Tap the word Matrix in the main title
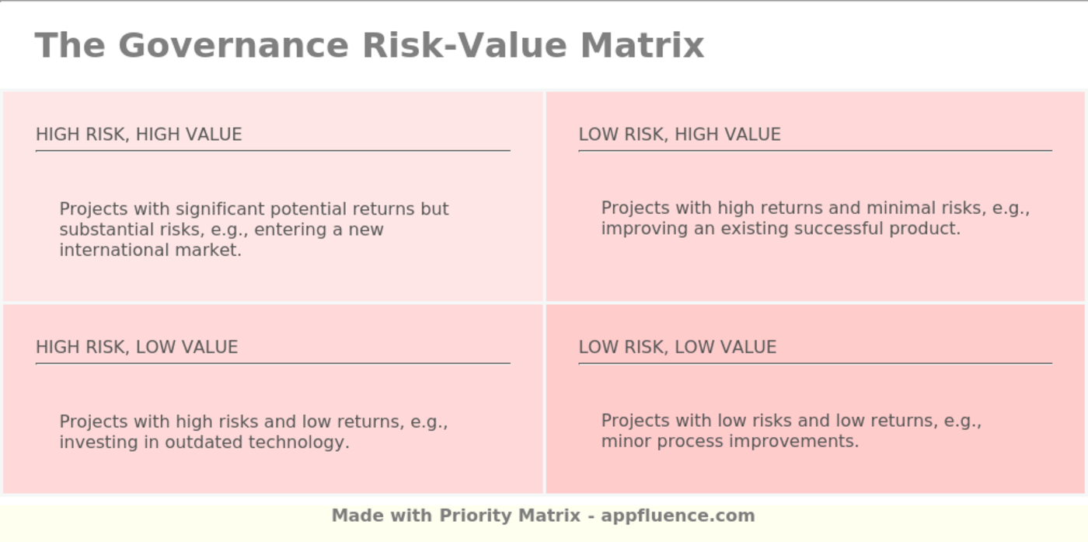(642, 46)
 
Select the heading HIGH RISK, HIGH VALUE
(139, 135)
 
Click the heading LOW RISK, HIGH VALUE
(679, 135)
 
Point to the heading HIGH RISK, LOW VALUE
(137, 347)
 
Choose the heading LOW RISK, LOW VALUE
(678, 347)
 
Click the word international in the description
(115, 250)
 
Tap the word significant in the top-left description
(221, 209)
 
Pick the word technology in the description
(298, 442)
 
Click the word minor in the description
(626, 442)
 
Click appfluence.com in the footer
(678, 516)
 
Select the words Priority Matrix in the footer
(510, 516)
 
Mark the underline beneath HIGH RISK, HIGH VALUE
(273, 151)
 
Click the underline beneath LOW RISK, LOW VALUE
(815, 363)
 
